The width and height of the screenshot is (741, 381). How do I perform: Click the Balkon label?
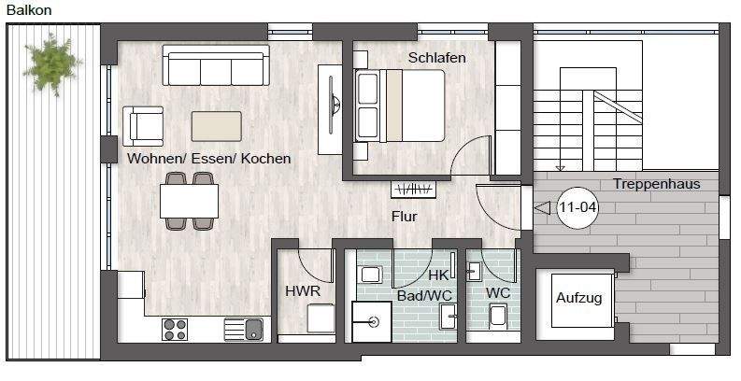[x=29, y=10]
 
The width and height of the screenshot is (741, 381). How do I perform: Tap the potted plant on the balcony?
[x=51, y=63]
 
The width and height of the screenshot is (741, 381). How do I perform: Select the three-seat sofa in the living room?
[x=216, y=65]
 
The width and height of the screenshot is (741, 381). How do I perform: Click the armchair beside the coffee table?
[x=143, y=126]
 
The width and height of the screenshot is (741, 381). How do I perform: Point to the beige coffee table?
[x=217, y=126]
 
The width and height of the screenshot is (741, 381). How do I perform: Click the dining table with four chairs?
[x=189, y=201]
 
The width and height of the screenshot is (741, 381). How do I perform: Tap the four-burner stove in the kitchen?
[x=175, y=329]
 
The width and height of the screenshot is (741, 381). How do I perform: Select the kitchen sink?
[x=244, y=329]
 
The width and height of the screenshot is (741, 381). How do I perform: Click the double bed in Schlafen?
[x=400, y=106]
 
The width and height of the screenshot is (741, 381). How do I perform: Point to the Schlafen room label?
[x=437, y=58]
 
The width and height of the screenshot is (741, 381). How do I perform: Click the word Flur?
[x=405, y=217]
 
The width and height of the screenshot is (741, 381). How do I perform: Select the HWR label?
[x=303, y=290]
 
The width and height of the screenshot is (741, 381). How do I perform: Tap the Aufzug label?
[x=579, y=298]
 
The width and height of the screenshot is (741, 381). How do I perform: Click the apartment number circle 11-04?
[x=577, y=207]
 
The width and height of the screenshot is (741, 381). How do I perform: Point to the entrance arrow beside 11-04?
[x=543, y=207]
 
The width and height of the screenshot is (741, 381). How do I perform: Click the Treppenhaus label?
[x=656, y=184]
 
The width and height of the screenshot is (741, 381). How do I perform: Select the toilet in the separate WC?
[x=498, y=317]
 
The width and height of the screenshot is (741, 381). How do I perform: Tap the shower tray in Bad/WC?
[x=372, y=321]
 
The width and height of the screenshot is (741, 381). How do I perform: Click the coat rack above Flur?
[x=414, y=190]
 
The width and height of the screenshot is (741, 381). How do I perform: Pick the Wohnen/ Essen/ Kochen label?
[x=209, y=158]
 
